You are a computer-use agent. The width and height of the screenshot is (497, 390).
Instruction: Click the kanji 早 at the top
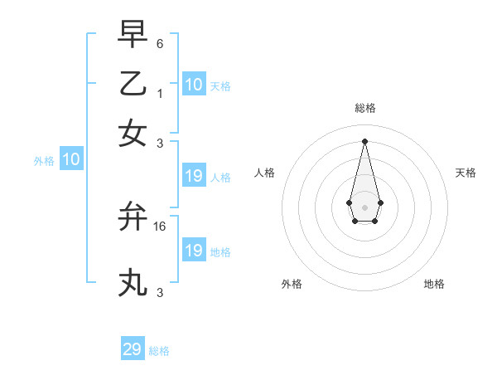click(x=133, y=35)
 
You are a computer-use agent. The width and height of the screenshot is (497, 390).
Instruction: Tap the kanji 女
click(x=133, y=133)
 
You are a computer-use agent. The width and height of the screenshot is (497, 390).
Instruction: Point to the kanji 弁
click(x=133, y=217)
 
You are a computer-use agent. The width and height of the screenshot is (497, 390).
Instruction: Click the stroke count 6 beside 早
click(x=160, y=42)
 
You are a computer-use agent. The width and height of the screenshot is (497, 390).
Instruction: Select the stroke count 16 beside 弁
click(x=161, y=226)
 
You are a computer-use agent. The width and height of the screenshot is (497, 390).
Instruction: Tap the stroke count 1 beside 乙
click(x=159, y=92)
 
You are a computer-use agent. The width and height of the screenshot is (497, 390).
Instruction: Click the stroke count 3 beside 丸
click(x=160, y=292)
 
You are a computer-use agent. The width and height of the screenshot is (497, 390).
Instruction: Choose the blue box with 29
click(x=133, y=349)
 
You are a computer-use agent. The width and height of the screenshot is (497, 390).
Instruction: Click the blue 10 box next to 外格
click(x=70, y=160)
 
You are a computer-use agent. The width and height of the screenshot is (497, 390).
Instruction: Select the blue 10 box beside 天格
click(x=193, y=85)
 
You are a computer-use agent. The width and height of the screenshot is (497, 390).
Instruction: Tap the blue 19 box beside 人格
click(x=193, y=176)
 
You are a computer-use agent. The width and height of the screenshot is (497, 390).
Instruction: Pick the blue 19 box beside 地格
click(x=193, y=251)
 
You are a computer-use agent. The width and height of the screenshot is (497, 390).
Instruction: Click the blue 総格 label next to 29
click(x=159, y=351)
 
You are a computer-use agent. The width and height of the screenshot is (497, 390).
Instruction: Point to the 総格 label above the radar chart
click(x=364, y=109)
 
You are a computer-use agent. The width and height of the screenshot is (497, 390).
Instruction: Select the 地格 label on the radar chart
click(x=434, y=284)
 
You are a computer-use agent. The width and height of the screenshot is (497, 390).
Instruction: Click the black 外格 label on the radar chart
click(x=292, y=284)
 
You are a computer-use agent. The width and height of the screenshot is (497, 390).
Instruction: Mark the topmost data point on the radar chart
click(x=364, y=140)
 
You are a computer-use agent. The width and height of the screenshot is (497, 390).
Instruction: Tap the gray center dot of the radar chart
click(x=364, y=206)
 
